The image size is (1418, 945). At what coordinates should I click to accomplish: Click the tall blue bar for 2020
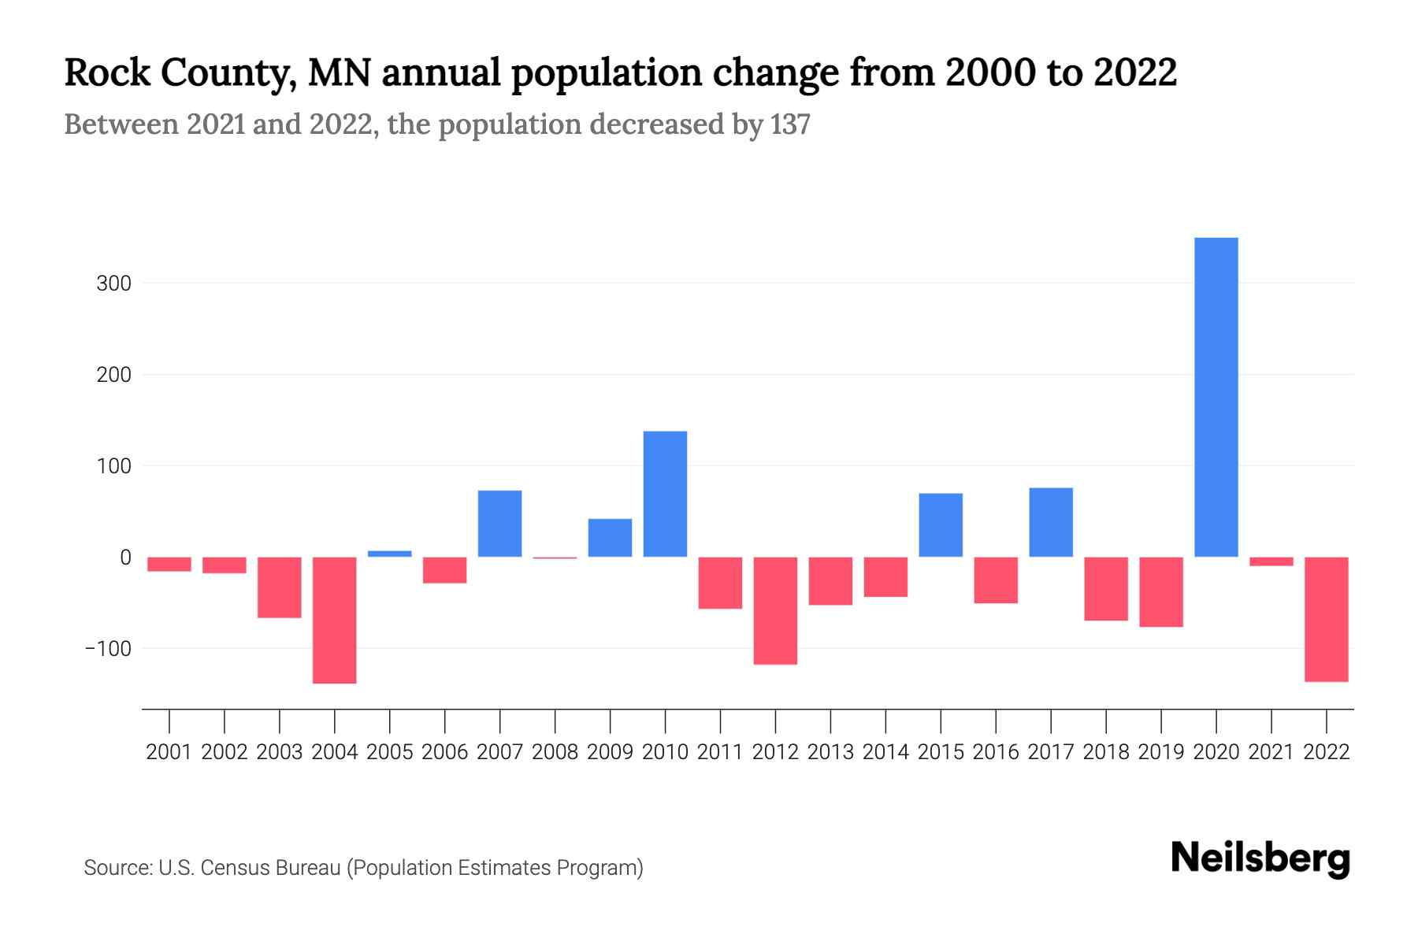[x=1216, y=398]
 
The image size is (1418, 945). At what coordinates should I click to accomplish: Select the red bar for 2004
[x=335, y=620]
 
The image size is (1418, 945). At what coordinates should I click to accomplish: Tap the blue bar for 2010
[x=665, y=494]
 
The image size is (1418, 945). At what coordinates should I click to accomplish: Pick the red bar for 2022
[x=1326, y=619]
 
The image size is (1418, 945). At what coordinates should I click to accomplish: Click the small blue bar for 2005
[x=390, y=554]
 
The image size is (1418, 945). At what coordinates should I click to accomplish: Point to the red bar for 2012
[x=775, y=610]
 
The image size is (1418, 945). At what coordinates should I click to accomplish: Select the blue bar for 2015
[x=941, y=525]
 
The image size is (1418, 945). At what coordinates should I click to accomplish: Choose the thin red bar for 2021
[x=1271, y=561]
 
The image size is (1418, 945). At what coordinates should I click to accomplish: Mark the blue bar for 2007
[x=499, y=524]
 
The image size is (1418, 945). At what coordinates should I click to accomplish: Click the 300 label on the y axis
[x=113, y=283]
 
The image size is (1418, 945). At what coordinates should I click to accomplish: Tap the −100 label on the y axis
[x=108, y=649]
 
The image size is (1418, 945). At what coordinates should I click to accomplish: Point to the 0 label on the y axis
[x=125, y=558]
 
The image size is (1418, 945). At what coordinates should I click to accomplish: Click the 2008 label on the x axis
[x=555, y=752]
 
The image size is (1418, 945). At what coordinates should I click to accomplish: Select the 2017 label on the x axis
[x=1050, y=752]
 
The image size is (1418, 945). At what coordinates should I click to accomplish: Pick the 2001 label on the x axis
[x=169, y=752]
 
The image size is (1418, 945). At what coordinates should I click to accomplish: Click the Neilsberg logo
[x=1260, y=858]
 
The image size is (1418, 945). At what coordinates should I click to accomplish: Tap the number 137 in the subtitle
[x=790, y=124]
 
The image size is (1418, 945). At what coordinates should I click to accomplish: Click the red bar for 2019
[x=1160, y=592]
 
